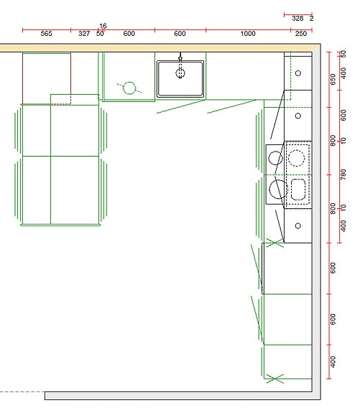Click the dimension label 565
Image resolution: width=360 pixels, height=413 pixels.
click(47, 34)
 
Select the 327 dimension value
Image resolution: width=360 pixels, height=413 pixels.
click(84, 34)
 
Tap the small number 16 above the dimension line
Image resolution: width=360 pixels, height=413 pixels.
click(103, 26)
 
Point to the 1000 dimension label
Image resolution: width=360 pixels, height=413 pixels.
click(248, 34)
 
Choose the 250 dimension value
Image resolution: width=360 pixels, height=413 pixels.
click(300, 34)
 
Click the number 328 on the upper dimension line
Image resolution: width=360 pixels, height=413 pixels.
click(297, 19)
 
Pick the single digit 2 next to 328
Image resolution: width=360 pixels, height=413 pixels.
click(312, 19)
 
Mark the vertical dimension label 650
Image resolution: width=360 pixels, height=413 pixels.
click(333, 79)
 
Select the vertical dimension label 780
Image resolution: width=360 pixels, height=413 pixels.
click(343, 175)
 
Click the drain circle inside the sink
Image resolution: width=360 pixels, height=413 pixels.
click(180, 73)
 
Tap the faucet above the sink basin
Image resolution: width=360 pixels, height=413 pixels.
click(180, 58)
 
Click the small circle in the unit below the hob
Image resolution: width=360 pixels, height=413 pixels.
click(298, 226)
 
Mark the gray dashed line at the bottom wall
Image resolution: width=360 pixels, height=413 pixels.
click(22, 392)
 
